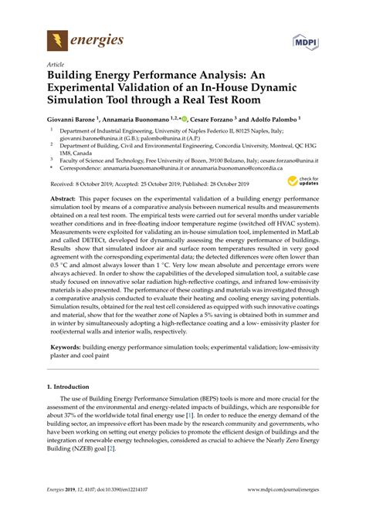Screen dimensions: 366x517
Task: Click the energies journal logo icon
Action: (56, 39)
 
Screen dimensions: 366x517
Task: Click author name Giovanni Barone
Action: (73, 121)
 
